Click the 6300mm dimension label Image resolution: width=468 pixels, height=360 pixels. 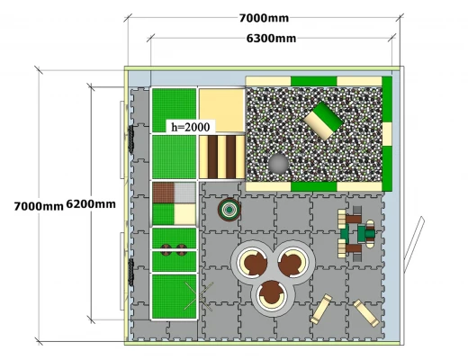271,39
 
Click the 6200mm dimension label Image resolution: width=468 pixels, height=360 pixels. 91,204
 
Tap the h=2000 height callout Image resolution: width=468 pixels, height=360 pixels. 191,127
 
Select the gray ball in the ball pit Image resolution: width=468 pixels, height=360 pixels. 278,164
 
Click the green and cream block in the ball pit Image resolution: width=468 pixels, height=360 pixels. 323,121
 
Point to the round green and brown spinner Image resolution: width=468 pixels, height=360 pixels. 229,210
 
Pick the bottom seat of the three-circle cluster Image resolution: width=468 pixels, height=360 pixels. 272,295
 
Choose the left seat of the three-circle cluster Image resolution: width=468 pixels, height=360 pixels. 252,262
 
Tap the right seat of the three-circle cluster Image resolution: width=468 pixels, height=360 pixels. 292,262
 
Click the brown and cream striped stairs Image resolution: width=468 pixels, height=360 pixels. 222,157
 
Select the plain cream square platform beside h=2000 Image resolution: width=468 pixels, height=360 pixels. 222,111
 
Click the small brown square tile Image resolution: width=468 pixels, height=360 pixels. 163,193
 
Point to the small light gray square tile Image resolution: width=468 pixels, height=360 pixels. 184,193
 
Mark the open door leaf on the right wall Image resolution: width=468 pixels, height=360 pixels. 414,244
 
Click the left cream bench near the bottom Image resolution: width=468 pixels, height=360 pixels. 321,309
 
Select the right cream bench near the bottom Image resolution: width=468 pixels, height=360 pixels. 366,313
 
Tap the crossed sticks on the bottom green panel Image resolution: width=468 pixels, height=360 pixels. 199,296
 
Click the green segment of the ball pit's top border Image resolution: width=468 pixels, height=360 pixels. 314,81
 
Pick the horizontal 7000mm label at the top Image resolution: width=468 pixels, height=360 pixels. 264,18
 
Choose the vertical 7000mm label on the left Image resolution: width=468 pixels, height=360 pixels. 39,206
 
